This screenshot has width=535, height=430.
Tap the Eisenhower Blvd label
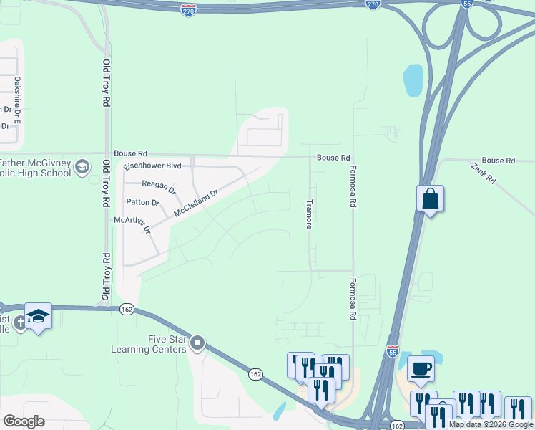click(152, 166)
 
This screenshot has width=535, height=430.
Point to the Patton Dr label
click(142, 203)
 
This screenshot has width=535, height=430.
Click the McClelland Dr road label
click(195, 204)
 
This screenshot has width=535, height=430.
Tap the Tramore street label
click(309, 214)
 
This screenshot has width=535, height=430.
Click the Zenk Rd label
click(484, 173)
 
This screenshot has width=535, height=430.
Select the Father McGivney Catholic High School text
click(36, 168)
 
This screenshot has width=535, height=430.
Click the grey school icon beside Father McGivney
click(82, 168)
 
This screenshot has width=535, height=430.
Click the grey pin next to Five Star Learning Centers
click(197, 344)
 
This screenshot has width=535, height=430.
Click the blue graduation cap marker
click(38, 316)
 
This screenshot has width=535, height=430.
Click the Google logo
click(24, 421)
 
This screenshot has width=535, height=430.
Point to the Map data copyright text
click(491, 424)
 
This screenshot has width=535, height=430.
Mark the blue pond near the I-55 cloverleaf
click(413, 80)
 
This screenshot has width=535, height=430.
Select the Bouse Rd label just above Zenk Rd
click(498, 161)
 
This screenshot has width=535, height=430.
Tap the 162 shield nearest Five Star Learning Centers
click(256, 374)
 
